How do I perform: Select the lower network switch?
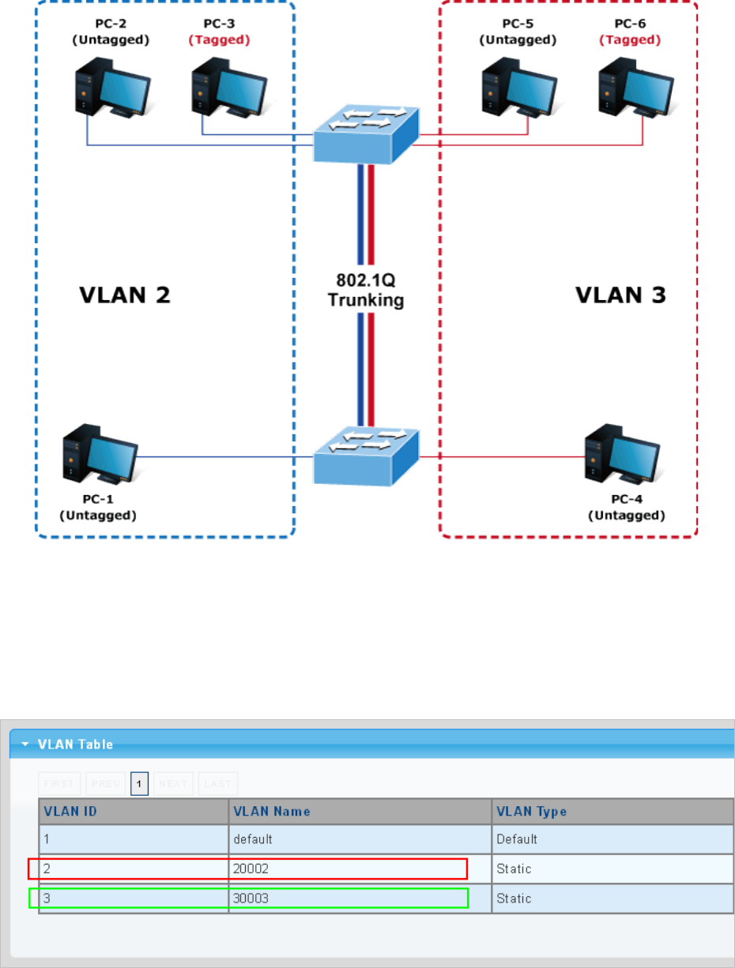tap(364, 457)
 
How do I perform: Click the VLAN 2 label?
tap(125, 295)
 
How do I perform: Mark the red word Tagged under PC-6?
tap(631, 39)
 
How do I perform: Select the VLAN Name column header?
tap(272, 811)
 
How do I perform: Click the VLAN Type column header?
tap(531, 811)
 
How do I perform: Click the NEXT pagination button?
tap(173, 783)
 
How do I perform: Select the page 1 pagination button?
tap(140, 783)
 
